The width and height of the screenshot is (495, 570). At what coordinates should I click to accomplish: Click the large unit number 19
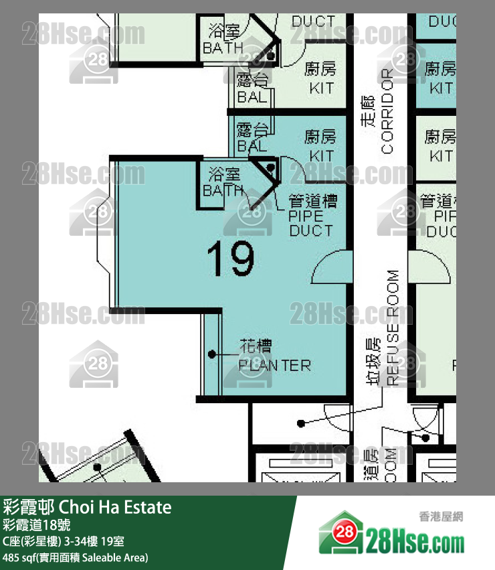pyautogui.click(x=231, y=259)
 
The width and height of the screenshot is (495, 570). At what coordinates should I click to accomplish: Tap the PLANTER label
pyautogui.click(x=275, y=366)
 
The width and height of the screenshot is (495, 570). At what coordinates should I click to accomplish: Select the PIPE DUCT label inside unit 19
pyautogui.click(x=311, y=216)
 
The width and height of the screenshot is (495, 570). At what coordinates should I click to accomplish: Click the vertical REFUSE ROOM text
pyautogui.click(x=393, y=328)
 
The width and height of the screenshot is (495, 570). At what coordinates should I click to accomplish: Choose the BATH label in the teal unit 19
pyautogui.click(x=223, y=190)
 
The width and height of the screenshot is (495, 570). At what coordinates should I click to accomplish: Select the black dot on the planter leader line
pyautogui.click(x=211, y=353)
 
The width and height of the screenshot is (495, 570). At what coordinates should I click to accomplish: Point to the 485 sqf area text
pyautogui.click(x=75, y=557)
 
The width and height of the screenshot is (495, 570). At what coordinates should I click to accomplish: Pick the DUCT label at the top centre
pyautogui.click(x=312, y=23)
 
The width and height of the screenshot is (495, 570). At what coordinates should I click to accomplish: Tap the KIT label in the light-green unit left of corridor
pyautogui.click(x=321, y=88)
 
